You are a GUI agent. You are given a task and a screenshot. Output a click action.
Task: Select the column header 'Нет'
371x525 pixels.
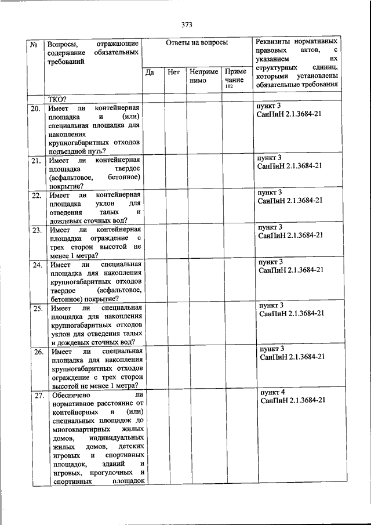pos(173,73)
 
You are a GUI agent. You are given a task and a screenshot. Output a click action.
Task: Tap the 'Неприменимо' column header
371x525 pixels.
pos(203,77)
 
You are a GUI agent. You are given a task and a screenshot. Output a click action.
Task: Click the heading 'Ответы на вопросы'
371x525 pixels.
pos(197,43)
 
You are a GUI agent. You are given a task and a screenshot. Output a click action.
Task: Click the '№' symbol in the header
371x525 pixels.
pos(34,44)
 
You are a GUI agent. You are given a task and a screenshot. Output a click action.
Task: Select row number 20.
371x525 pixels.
pos(35,109)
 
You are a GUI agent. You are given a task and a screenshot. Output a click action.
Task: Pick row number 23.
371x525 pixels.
pos(36,230)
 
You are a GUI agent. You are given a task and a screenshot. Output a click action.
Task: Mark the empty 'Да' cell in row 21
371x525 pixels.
pos(152,172)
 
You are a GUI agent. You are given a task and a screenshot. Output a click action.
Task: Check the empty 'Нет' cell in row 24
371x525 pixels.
pos(174,280)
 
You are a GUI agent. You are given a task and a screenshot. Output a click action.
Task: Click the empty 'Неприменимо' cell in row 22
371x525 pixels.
pos(203,205)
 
